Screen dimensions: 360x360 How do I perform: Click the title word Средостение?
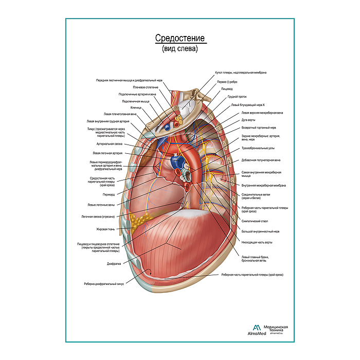[x=180, y=39]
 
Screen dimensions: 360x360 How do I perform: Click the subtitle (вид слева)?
[x=180, y=49]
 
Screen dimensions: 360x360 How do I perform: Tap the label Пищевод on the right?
[x=227, y=89]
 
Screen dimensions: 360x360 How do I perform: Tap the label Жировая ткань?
[x=106, y=229]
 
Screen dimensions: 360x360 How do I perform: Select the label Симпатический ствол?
[x=253, y=221]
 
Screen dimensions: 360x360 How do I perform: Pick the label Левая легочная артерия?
[x=107, y=153]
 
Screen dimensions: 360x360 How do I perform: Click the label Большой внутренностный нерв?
[x=260, y=231]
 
